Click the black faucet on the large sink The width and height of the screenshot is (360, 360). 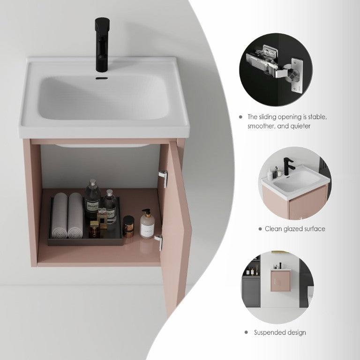pyautogui.click(x=102, y=44)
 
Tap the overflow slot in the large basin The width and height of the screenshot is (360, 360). pyautogui.click(x=102, y=78)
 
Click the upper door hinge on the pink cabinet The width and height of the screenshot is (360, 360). pyautogui.click(x=163, y=179)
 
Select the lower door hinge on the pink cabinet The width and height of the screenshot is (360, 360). pyautogui.click(x=159, y=242)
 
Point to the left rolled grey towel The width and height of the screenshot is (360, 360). pyautogui.click(x=60, y=215)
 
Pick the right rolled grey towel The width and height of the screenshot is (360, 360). pyautogui.click(x=75, y=215)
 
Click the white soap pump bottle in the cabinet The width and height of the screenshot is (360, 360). pyautogui.click(x=147, y=224)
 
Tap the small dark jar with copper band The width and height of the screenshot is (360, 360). pyautogui.click(x=128, y=226)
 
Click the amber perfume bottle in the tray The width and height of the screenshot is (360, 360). pyautogui.click(x=95, y=229)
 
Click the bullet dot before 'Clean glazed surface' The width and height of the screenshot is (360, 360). pyautogui.click(x=260, y=229)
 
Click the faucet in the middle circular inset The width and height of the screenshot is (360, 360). pyautogui.click(x=288, y=166)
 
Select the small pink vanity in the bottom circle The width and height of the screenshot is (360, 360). pyautogui.click(x=281, y=280)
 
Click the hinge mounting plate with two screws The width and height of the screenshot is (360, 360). pyautogui.click(x=297, y=76)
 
